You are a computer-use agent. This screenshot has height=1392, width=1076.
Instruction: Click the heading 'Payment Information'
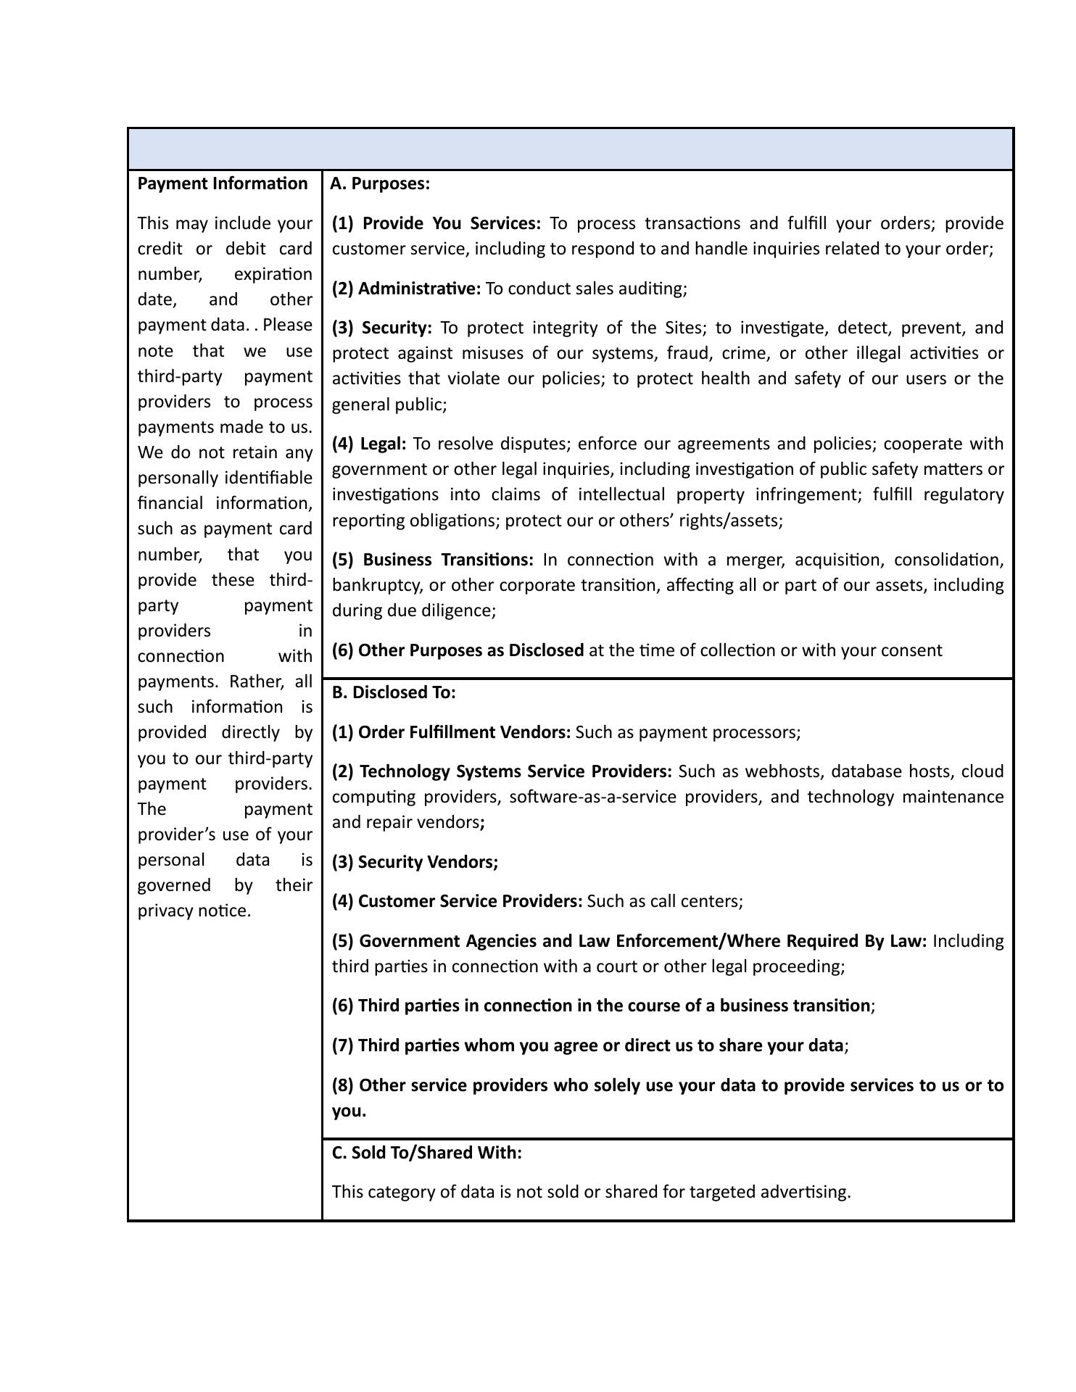223,183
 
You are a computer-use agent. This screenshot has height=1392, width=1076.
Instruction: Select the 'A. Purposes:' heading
380,183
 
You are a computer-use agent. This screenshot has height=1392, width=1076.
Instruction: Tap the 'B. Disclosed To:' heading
394,692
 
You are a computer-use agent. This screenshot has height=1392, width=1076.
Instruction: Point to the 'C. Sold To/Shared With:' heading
426,1153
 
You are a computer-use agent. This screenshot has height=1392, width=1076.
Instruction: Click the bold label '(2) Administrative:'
406,289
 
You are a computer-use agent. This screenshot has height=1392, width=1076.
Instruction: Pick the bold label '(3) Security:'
382,328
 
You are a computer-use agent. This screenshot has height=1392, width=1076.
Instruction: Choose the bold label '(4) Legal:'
369,444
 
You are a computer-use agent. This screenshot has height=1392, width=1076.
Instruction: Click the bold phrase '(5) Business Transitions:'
433,560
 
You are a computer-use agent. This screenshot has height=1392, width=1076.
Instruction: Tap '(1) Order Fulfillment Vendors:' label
451,732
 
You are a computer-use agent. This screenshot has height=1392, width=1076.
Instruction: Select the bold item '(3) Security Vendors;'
415,862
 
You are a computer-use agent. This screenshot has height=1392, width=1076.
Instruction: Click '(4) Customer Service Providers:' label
457,901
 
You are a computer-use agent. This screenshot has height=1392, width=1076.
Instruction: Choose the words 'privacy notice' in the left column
194,911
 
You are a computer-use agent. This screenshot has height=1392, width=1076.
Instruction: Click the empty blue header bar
571,149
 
